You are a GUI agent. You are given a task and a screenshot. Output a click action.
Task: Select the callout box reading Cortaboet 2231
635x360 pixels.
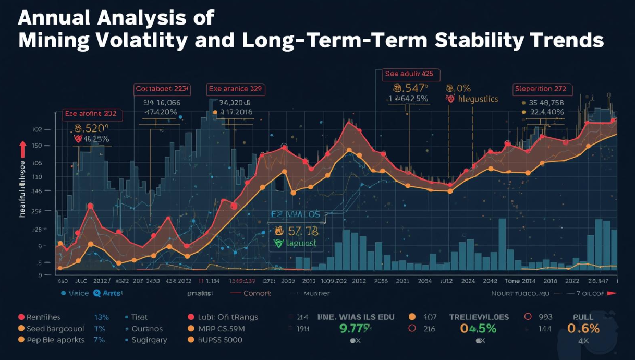162,89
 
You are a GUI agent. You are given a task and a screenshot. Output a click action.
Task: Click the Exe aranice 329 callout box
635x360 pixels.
236,89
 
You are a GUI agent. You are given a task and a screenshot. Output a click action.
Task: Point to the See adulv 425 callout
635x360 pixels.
409,74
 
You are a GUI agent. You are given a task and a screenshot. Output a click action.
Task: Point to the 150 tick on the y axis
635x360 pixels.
38,147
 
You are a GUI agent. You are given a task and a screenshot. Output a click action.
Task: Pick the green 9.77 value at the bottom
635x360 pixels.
355,329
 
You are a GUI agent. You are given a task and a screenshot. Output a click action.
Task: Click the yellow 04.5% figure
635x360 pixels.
478,329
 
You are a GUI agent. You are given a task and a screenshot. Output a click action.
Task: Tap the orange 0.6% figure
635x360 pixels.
583,329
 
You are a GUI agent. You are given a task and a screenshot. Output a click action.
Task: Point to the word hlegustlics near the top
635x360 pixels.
478,99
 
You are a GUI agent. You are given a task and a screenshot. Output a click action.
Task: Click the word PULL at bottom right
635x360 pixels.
583,317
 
